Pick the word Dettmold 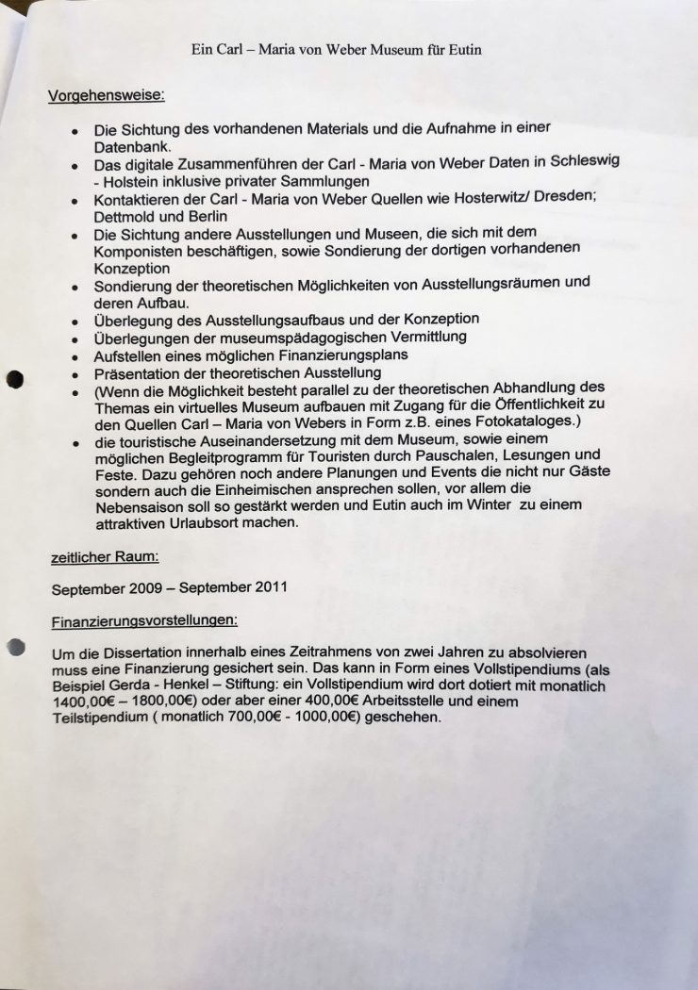tap(124, 216)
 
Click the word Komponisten tap(139, 251)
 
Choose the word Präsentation tap(141, 372)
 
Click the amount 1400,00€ tap(85, 703)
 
